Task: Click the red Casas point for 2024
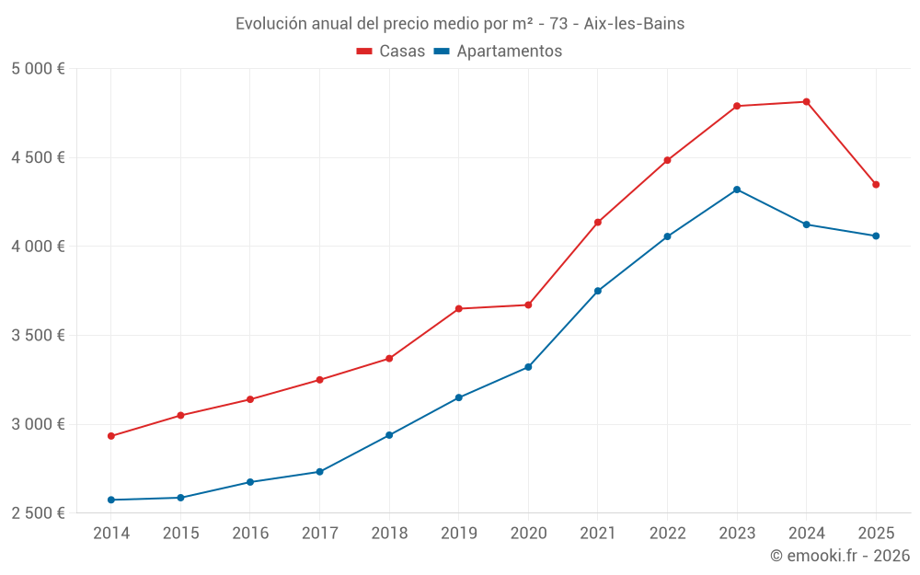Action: [x=807, y=101]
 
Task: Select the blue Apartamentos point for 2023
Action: [x=737, y=190]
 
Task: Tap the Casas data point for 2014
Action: [x=111, y=436]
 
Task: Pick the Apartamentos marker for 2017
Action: [x=319, y=472]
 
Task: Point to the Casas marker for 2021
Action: [x=598, y=223]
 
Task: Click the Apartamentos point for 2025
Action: [x=876, y=236]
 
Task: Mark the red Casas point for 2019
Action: [x=459, y=308]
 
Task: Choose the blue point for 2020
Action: [x=528, y=367]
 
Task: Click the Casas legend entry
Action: [x=391, y=52]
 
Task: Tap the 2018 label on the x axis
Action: [x=389, y=533]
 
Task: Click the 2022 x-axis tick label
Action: [x=667, y=533]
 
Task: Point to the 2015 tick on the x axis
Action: [x=180, y=533]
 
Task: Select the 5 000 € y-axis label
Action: [x=38, y=69]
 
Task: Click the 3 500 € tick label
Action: [x=38, y=336]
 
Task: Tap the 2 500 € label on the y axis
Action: [x=38, y=513]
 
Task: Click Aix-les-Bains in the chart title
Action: [x=634, y=24]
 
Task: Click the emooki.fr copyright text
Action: [x=839, y=556]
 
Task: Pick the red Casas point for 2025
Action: [x=876, y=185]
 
